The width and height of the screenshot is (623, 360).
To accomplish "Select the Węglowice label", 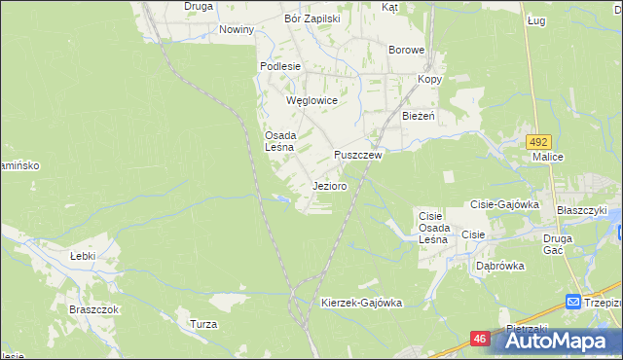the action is (311, 100).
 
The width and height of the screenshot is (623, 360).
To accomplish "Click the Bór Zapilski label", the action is (311, 18).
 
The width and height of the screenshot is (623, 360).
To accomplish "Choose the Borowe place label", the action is (406, 50).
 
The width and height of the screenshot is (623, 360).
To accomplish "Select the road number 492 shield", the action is (540, 142).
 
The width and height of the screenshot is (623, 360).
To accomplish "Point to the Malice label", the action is (548, 156).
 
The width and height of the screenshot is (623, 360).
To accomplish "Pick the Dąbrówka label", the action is (500, 265).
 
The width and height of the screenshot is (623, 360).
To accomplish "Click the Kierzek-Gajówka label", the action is (361, 303).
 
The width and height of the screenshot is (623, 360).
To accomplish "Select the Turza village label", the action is (203, 324).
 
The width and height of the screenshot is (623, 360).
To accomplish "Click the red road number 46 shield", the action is (480, 338).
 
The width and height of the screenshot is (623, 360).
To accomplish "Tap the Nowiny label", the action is (237, 29).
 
